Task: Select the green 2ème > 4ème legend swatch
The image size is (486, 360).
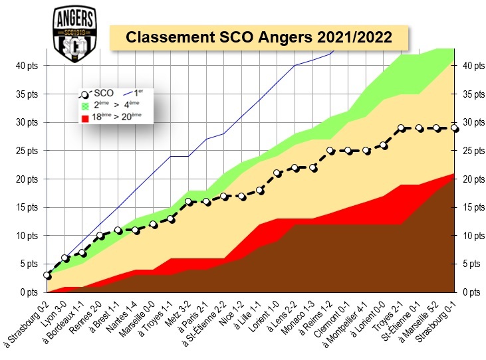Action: point(84,105)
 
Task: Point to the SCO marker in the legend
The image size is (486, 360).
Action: point(84,94)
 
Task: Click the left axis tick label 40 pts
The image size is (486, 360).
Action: point(28,66)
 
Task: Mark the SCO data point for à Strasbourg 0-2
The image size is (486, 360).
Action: point(47,275)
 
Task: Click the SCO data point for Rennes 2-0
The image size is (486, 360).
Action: point(100,235)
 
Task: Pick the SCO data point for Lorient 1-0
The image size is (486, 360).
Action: point(278,173)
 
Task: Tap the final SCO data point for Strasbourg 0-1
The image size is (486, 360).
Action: point(455,128)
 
